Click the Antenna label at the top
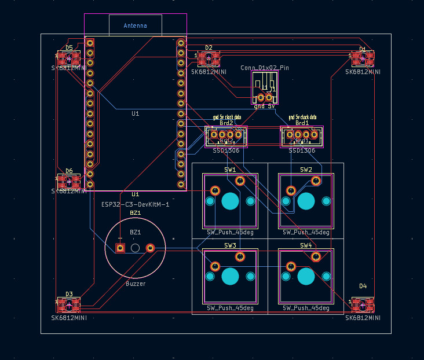(135, 25)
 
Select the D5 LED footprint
(68, 58)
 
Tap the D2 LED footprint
(209, 58)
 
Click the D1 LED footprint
(363, 58)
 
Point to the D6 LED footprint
(68, 181)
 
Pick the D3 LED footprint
(68, 304)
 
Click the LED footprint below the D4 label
(363, 304)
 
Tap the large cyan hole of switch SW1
(230, 201)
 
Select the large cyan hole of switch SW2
(306, 201)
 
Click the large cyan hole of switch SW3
(230, 276)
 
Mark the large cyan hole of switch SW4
(306, 276)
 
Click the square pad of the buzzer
(120, 248)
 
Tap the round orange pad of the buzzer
(150, 248)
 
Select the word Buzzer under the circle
(136, 284)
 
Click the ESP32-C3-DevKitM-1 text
(135, 204)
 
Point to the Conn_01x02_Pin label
(265, 68)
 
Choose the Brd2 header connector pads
(226, 135)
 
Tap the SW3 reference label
(230, 245)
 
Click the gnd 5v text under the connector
(265, 106)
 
